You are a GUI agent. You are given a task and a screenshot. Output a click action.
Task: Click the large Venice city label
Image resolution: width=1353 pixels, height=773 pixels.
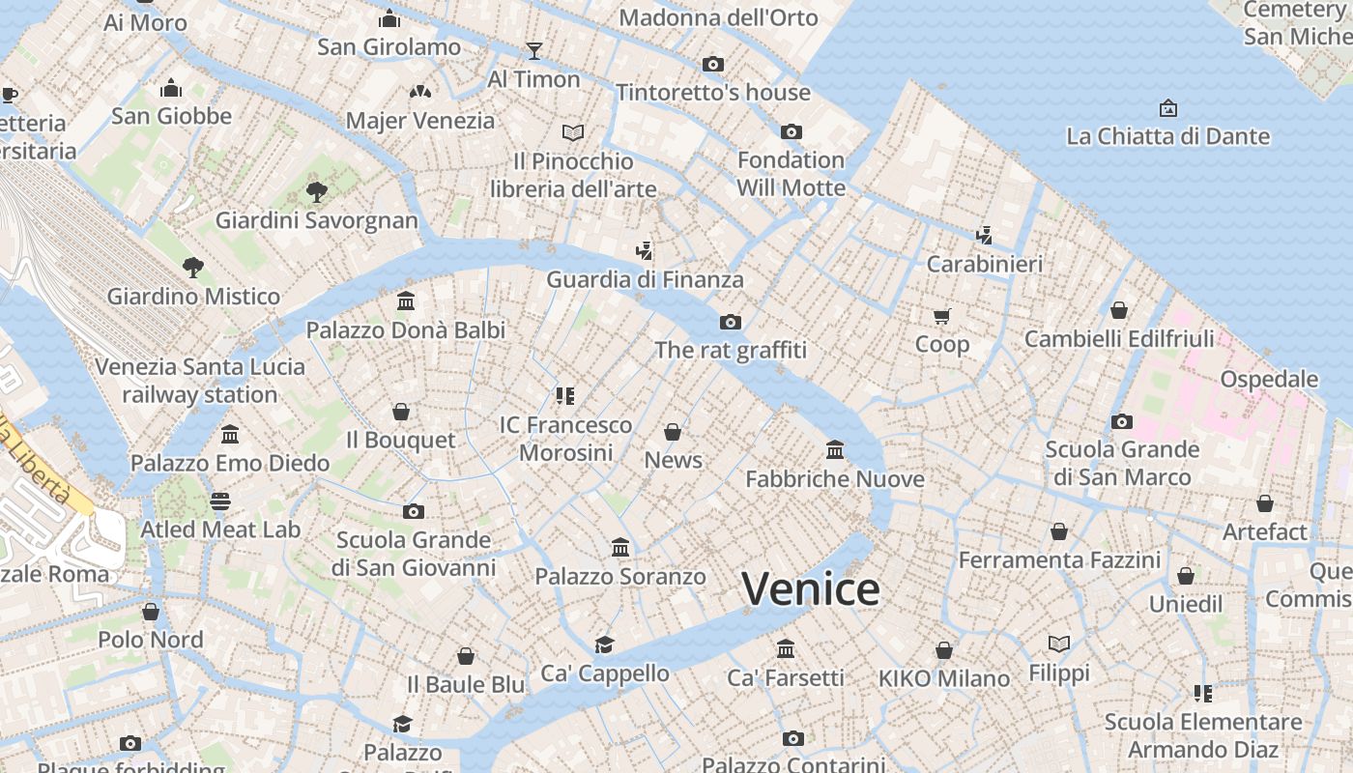click(x=811, y=589)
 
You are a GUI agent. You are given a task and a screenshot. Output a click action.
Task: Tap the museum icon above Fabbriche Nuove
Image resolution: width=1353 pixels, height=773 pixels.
click(x=835, y=450)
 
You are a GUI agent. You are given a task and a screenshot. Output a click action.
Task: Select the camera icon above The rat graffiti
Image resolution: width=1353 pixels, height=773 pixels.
click(x=731, y=322)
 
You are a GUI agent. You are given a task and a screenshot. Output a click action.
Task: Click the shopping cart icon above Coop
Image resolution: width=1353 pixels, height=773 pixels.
click(x=942, y=316)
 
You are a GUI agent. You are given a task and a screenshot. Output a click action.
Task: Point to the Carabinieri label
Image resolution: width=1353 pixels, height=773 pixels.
click(x=984, y=264)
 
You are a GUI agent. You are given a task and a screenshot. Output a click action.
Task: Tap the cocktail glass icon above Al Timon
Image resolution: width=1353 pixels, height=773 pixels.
click(x=533, y=50)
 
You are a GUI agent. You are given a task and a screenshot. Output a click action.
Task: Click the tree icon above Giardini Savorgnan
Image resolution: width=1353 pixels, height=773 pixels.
click(x=316, y=191)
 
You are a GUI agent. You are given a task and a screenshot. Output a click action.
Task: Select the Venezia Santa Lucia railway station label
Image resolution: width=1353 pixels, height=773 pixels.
click(x=200, y=381)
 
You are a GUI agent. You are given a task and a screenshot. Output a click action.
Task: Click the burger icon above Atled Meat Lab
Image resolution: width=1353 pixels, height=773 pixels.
click(x=220, y=501)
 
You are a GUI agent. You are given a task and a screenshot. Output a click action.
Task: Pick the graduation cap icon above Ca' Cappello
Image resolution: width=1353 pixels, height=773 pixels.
click(x=605, y=644)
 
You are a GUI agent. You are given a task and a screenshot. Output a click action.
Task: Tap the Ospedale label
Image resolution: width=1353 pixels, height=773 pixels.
click(x=1269, y=379)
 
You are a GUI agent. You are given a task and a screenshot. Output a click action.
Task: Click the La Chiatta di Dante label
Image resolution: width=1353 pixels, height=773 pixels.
click(x=1167, y=136)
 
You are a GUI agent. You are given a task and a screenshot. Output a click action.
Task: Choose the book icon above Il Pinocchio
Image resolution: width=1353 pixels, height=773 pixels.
click(x=573, y=132)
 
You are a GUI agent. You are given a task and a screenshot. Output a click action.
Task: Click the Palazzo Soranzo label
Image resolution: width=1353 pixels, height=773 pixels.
click(x=620, y=577)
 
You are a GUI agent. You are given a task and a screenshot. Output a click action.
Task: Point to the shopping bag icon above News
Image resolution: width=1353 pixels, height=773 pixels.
click(x=673, y=432)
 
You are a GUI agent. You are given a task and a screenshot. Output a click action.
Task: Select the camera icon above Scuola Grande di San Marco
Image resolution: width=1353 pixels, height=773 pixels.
click(x=1122, y=421)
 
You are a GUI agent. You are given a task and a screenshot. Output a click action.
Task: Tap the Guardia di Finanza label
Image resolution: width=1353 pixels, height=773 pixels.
click(x=645, y=280)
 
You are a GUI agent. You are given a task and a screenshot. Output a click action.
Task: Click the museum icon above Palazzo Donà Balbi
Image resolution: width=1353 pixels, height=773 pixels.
click(x=406, y=301)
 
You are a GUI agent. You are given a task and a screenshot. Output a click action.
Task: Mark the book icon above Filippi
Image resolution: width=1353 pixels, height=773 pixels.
click(x=1059, y=644)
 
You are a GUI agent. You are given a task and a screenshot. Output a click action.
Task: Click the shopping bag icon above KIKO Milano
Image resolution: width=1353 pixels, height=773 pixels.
click(x=944, y=650)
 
